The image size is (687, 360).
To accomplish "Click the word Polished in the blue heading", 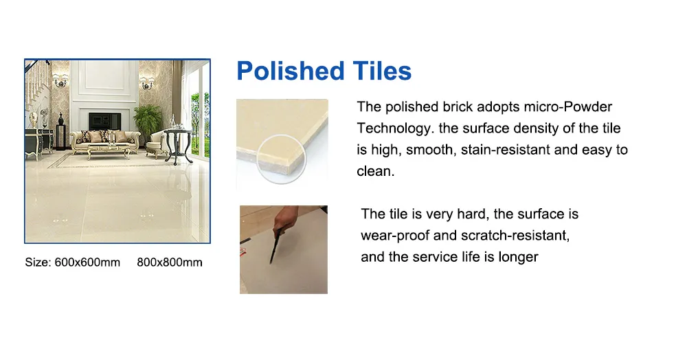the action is [x=291, y=71].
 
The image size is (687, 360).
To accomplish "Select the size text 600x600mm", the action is [x=87, y=262].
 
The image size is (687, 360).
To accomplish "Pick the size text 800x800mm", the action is [x=170, y=262].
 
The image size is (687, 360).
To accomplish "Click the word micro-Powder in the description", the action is [x=568, y=107].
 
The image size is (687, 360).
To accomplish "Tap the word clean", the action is [x=376, y=171].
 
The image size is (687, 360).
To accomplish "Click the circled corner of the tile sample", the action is [x=282, y=159].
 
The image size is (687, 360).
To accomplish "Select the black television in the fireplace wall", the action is [x=105, y=120].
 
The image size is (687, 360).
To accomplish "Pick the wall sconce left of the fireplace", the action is [x=60, y=81].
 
